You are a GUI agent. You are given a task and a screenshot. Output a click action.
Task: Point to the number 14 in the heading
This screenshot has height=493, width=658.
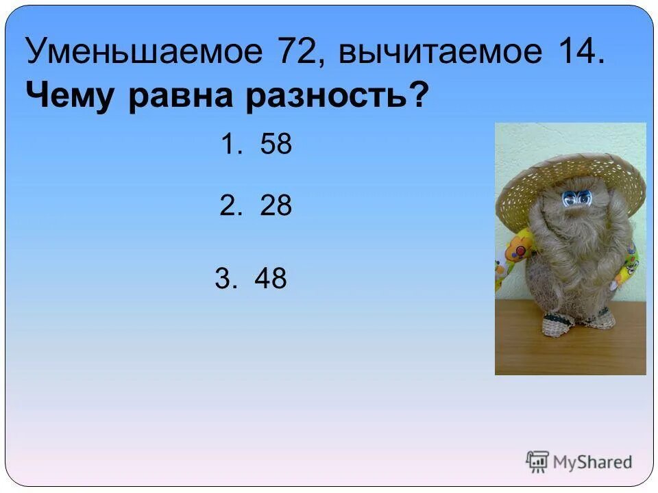point(572,52)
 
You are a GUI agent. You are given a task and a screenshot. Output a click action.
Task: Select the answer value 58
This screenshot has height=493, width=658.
point(276,144)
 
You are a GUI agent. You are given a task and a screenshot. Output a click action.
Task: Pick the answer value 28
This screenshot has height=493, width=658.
point(276,205)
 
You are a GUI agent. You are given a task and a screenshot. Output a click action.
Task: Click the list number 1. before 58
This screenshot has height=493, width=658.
point(229,144)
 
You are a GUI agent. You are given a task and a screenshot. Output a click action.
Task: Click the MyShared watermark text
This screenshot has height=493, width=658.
point(592,462)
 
